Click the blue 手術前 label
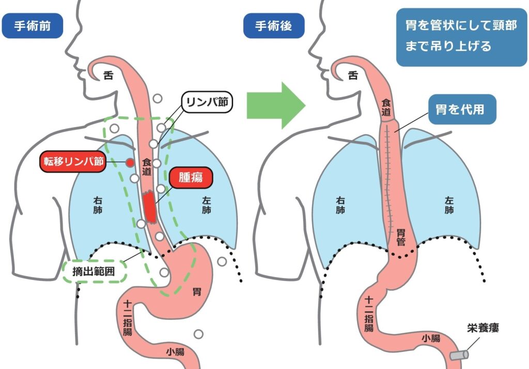point(32,26)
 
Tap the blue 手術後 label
point(274,26)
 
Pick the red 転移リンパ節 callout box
point(73,162)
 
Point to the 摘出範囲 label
point(94,271)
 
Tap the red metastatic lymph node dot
point(130,162)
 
